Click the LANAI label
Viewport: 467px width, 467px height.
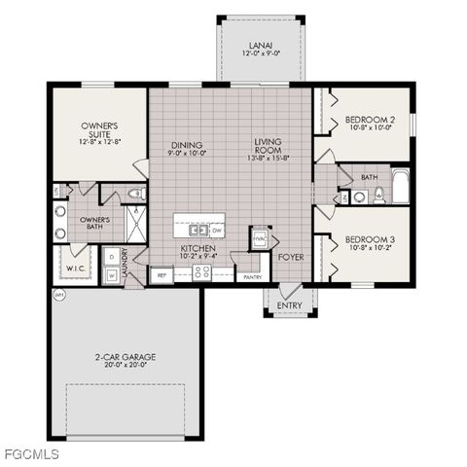coord(260,45)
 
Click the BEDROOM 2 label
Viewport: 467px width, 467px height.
coord(369,121)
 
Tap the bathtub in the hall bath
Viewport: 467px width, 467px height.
coord(400,186)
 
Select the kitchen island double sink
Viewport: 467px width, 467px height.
coord(198,231)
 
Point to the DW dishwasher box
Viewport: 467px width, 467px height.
coord(217,231)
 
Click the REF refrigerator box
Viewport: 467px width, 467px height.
coord(162,274)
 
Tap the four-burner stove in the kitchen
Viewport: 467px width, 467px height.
coord(202,272)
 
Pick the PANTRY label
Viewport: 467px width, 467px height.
coord(252,277)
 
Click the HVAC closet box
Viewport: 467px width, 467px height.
coord(261,239)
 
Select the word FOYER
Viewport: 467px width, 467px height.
coord(289,258)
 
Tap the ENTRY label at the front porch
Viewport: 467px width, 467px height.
coord(289,305)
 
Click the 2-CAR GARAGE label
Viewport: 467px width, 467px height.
coord(126,357)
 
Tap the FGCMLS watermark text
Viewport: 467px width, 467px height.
coord(30,454)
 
